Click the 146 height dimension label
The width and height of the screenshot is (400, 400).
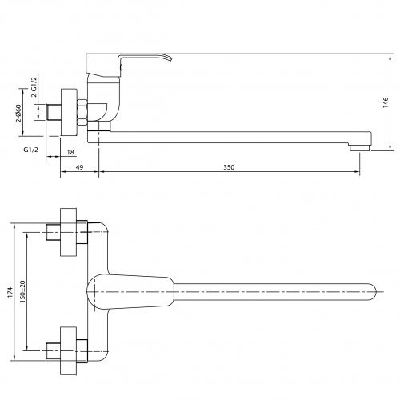(386, 102)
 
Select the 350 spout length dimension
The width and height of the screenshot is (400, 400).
(229, 167)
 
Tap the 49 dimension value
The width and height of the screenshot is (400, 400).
(79, 167)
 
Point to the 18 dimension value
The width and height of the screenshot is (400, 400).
(70, 152)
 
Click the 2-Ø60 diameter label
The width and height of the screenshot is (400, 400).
(18, 113)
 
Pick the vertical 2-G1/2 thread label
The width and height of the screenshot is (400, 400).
(34, 87)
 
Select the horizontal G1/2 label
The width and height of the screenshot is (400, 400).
(31, 150)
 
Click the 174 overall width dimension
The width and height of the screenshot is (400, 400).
(10, 292)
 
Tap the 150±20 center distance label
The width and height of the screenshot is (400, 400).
(22, 291)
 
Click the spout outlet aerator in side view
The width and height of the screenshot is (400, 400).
(359, 148)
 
